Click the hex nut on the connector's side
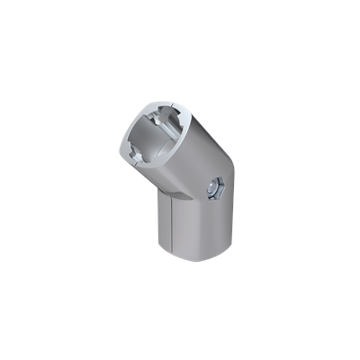tap(214, 189)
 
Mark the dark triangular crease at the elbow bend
tap(164, 192)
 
